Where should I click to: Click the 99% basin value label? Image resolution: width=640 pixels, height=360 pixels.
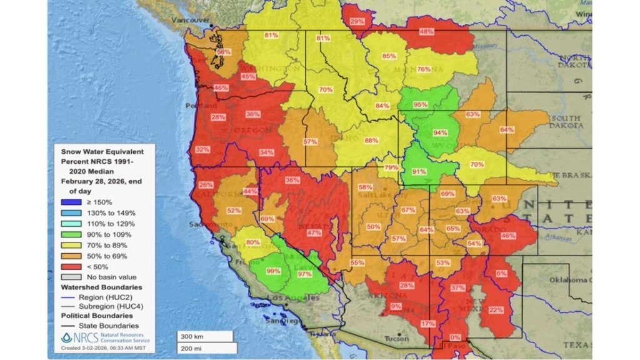tap(273, 271)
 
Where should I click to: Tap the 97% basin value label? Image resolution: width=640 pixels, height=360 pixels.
tap(305, 274)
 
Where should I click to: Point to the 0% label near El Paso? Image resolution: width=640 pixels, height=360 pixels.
tap(455, 337)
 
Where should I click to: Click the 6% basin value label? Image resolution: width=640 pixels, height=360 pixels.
tap(501, 273)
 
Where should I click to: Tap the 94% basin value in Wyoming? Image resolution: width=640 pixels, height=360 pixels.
tap(441, 132)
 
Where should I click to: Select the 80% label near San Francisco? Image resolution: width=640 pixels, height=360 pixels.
tap(253, 242)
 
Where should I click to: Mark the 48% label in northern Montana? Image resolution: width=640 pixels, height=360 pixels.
tap(427, 31)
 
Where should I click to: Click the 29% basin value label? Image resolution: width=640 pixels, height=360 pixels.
tap(357, 21)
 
